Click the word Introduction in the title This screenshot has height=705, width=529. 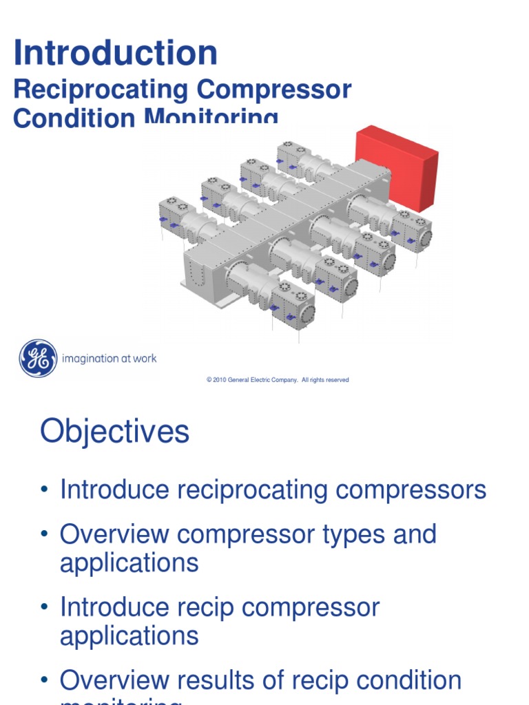tap(116, 54)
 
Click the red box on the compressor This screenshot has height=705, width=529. tap(397, 167)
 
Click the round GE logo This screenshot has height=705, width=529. tap(38, 358)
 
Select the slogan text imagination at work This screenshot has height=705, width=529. tap(109, 359)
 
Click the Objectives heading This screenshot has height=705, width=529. tap(114, 432)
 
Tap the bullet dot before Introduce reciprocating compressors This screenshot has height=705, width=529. tap(45, 490)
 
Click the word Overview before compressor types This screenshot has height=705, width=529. tap(114, 534)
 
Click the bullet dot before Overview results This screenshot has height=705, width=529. tap(45, 680)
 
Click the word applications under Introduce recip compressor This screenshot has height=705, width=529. tap(129, 635)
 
